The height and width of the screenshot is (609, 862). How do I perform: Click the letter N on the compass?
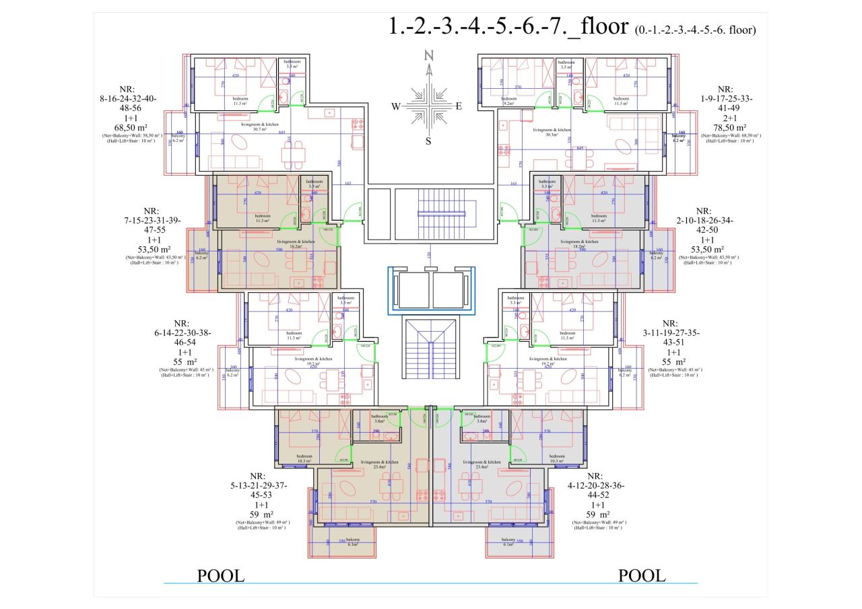tap(428, 56)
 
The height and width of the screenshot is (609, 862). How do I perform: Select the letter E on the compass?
tap(459, 106)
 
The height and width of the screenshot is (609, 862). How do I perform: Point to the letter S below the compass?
tap(428, 141)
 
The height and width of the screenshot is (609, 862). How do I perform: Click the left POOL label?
tap(220, 576)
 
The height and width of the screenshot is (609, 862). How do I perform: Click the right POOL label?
tap(642, 576)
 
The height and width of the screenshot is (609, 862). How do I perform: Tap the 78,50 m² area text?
tap(731, 127)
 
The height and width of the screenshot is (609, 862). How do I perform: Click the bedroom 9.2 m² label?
tap(508, 102)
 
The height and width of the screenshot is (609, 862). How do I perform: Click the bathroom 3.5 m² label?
tap(566, 65)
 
